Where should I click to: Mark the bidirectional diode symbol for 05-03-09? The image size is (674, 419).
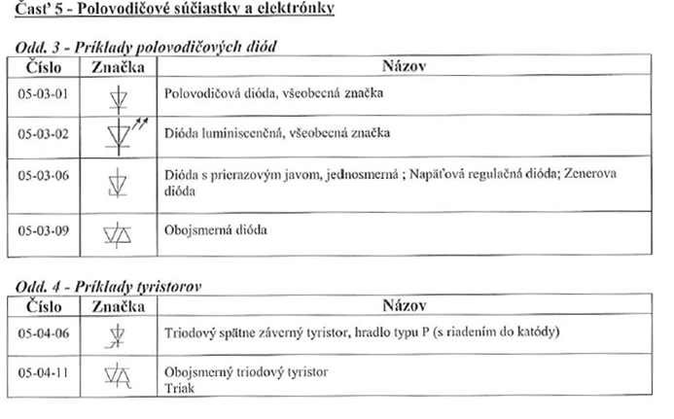coord(118,231)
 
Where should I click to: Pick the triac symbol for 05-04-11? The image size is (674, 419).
coord(118,374)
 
